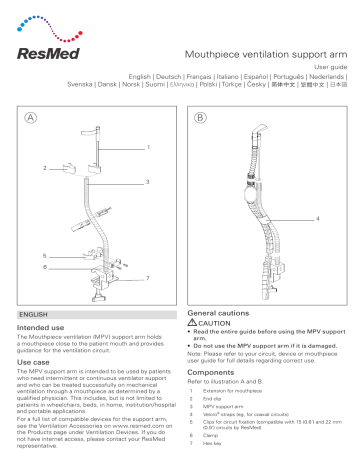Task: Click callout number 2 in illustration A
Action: click(46, 163)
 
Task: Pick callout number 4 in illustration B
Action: click(317, 216)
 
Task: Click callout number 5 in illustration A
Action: click(46, 256)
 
